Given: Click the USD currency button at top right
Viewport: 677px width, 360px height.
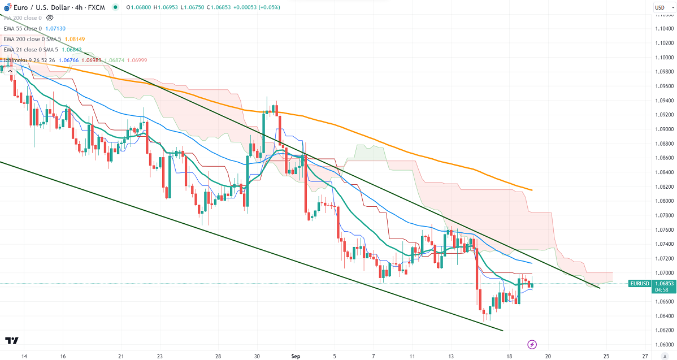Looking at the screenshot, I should (x=659, y=7).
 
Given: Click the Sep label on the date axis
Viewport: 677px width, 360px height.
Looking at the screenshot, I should (x=296, y=357).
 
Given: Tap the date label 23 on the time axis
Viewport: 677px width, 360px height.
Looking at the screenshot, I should (x=160, y=357).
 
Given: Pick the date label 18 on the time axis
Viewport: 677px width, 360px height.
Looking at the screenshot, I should (x=510, y=357).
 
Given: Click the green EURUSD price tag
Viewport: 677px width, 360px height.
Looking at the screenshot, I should (x=640, y=283).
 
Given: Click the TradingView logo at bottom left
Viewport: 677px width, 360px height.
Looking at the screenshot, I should (x=11, y=340).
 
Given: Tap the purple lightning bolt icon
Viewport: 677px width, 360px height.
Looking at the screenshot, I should (x=532, y=344).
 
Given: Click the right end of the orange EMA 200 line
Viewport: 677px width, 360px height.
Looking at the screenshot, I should (x=532, y=190).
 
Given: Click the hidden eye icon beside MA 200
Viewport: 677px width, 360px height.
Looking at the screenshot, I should (x=50, y=18).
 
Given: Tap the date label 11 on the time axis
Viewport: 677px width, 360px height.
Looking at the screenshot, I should (x=413, y=357).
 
